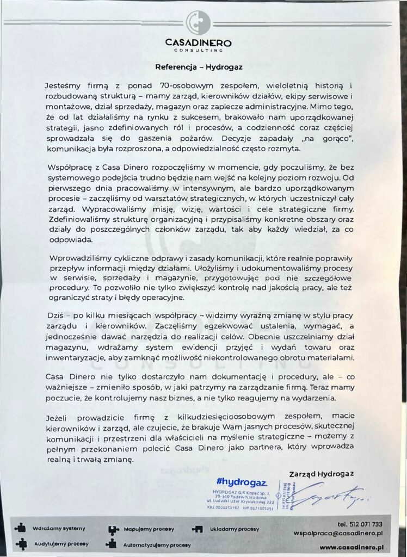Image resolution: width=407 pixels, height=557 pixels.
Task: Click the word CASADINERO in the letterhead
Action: click(198, 42)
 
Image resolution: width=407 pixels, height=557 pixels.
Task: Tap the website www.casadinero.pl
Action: click(353, 547)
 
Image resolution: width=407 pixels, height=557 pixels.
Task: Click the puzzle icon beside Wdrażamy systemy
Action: click(21, 527)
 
